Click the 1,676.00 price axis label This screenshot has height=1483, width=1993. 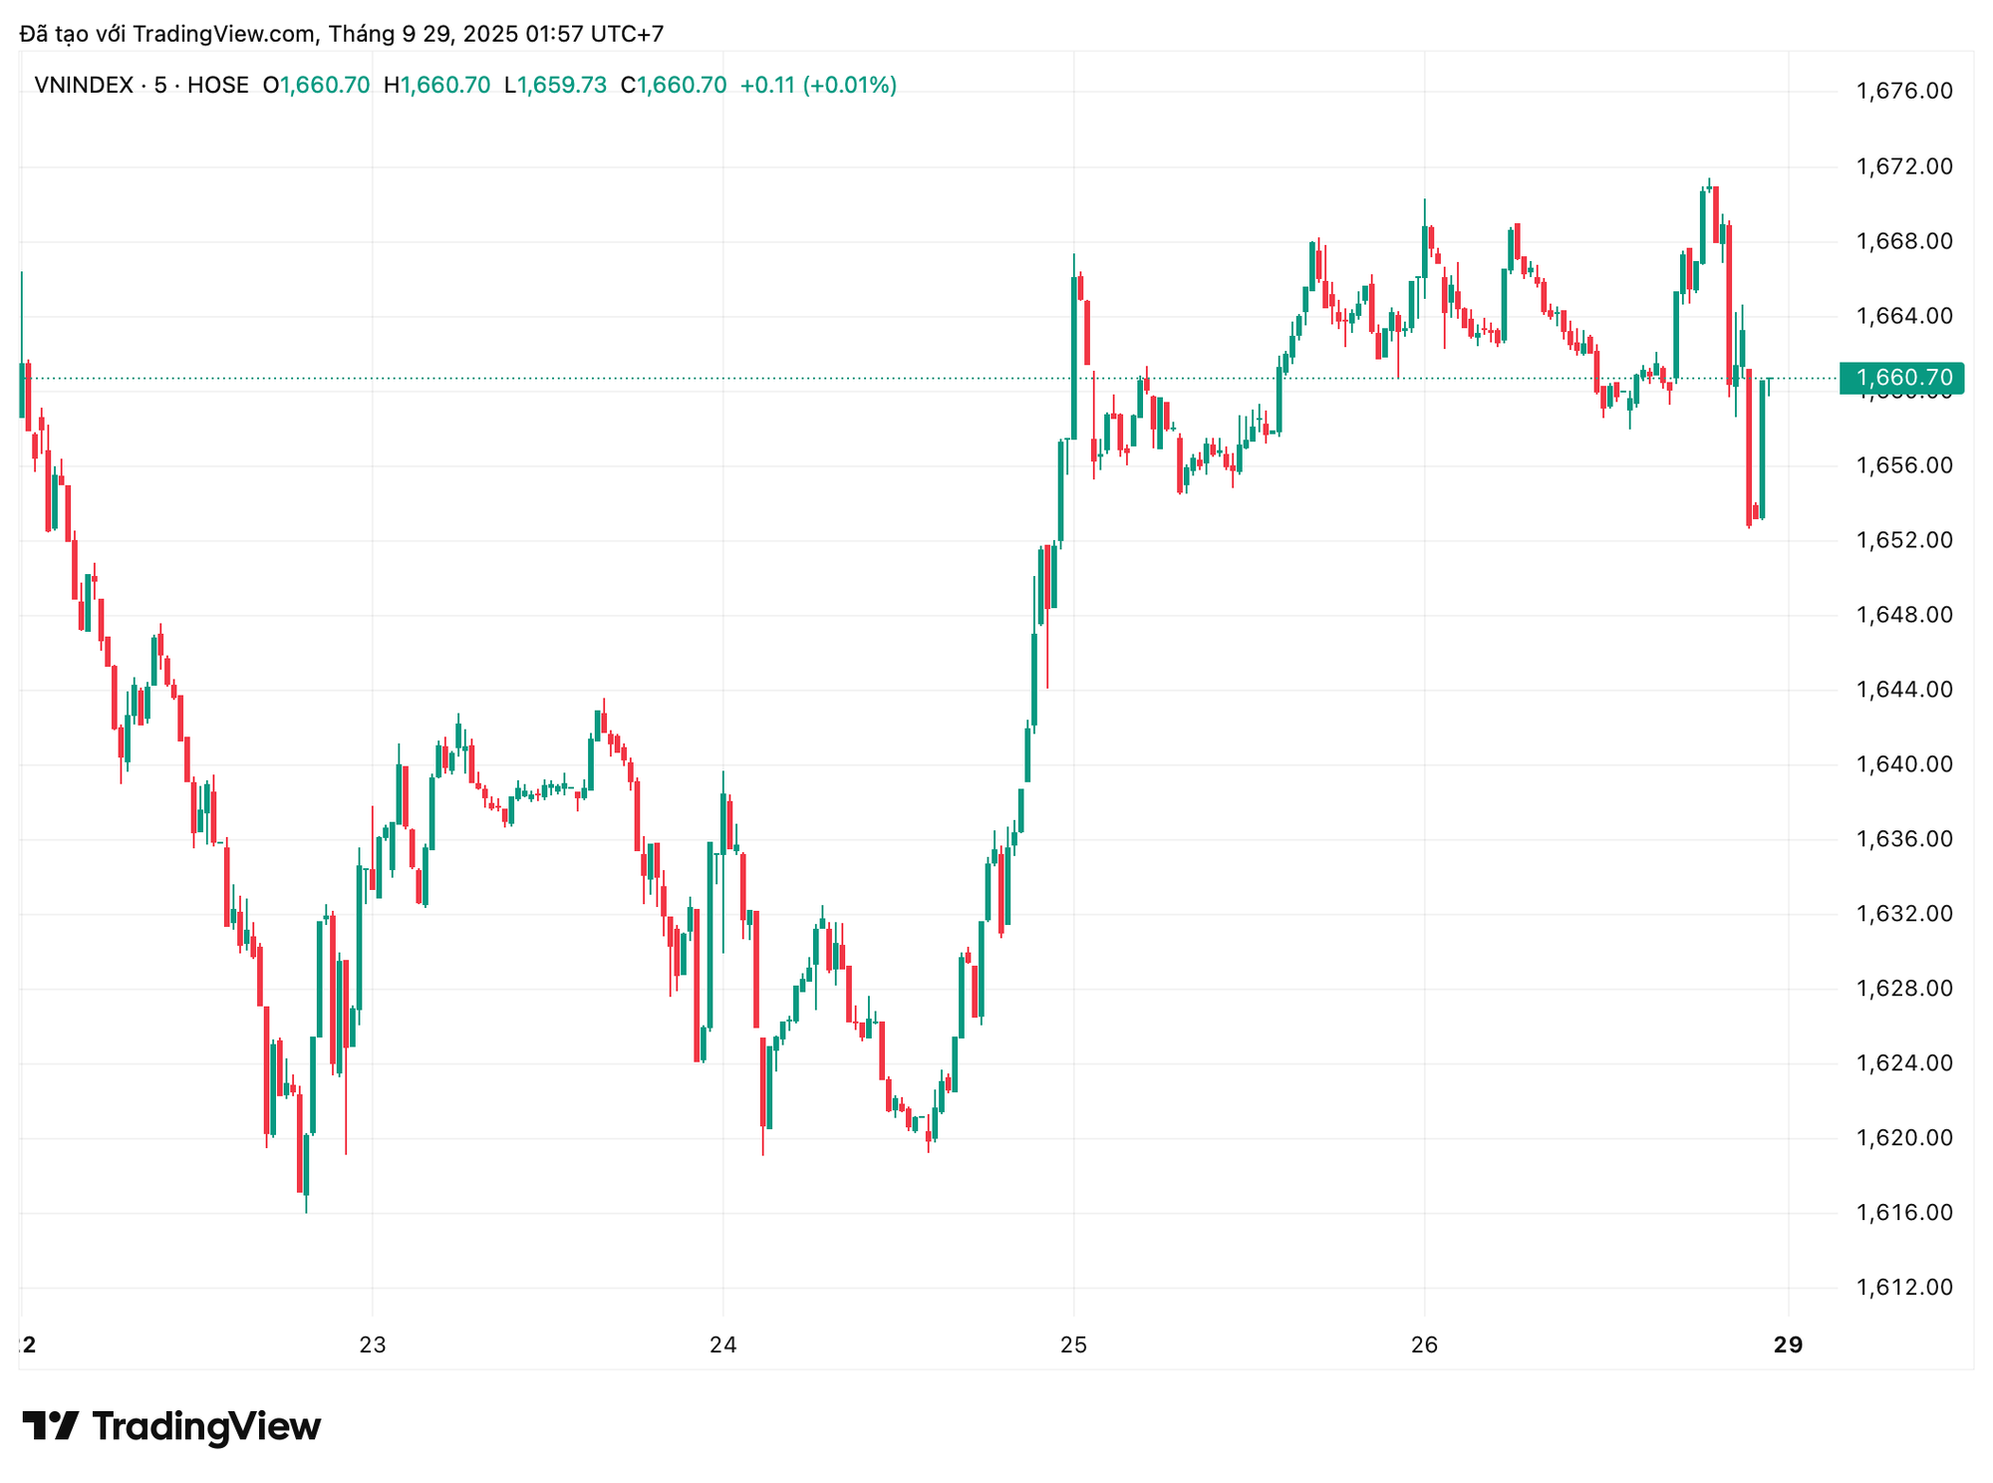(1903, 92)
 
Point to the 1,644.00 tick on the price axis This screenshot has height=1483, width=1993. (1903, 690)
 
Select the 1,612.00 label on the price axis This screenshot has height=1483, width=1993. (1903, 1288)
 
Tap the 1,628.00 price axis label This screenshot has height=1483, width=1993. (1903, 989)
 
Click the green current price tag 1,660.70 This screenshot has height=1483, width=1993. (1901, 379)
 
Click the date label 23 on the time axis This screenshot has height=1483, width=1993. (372, 1345)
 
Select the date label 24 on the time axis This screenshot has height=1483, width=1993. (722, 1345)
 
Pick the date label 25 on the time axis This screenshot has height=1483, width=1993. (1073, 1345)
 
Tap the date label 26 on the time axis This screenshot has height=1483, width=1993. (1424, 1345)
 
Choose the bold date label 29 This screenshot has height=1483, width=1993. (1789, 1345)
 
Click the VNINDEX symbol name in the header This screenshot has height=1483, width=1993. (84, 86)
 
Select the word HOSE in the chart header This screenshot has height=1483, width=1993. (217, 86)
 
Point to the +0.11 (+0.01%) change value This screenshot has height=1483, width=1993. (818, 86)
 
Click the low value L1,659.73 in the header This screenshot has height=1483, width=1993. (555, 86)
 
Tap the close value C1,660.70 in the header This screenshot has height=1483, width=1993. (674, 86)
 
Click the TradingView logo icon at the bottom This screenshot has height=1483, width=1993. (50, 1426)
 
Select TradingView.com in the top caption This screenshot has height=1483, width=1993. (224, 35)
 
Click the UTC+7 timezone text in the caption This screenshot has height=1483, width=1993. (627, 35)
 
